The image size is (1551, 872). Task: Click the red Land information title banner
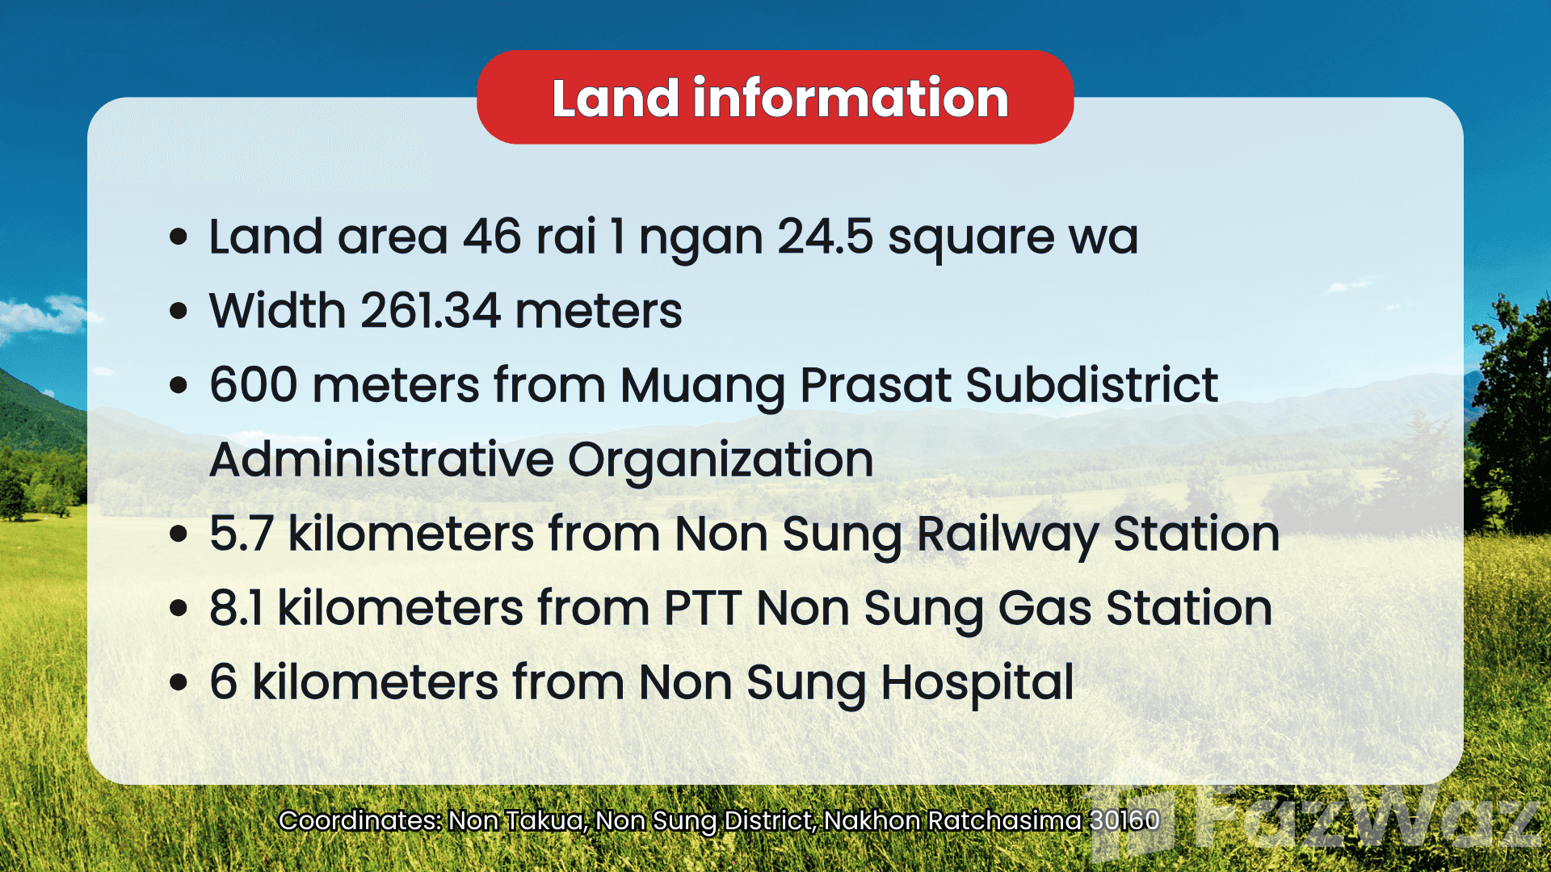coord(775,97)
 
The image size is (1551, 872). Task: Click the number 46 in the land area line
coord(492,237)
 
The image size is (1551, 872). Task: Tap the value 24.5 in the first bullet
coord(825,237)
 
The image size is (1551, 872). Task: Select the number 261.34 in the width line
coord(430,311)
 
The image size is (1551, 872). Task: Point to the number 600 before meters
coord(254,385)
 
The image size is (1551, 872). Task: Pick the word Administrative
coord(380,459)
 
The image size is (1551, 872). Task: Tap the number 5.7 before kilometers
coord(241,534)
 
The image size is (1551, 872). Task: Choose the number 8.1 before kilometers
coord(236,608)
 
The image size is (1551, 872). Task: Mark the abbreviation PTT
coord(702,608)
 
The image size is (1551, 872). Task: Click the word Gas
coord(1045,608)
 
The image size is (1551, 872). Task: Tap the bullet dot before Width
coord(179,312)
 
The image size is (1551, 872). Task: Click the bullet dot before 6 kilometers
coord(179,682)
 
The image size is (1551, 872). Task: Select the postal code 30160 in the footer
coord(1124,820)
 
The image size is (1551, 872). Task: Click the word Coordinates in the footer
coord(360,820)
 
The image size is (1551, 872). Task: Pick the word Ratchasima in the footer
coord(1004,820)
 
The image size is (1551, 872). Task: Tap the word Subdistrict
coord(1091,385)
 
